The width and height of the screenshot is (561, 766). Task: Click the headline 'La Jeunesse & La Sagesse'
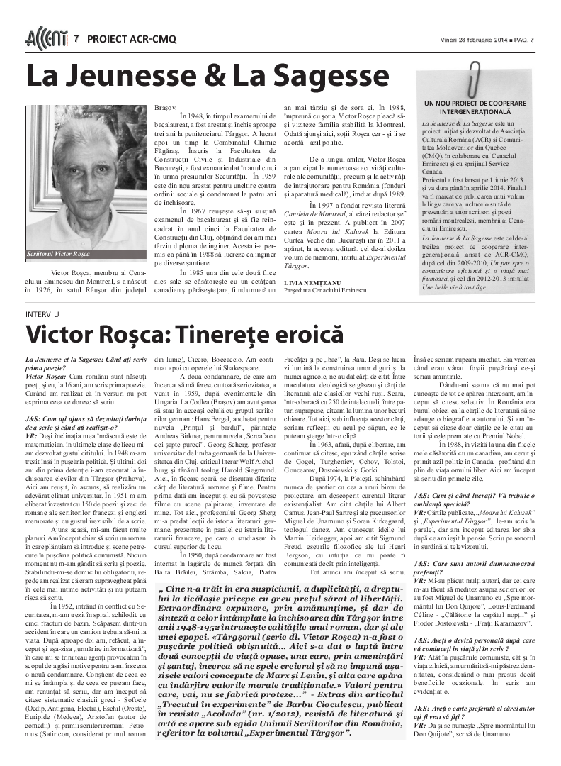[208, 77]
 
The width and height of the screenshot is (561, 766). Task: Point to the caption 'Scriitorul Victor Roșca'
[59, 253]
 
